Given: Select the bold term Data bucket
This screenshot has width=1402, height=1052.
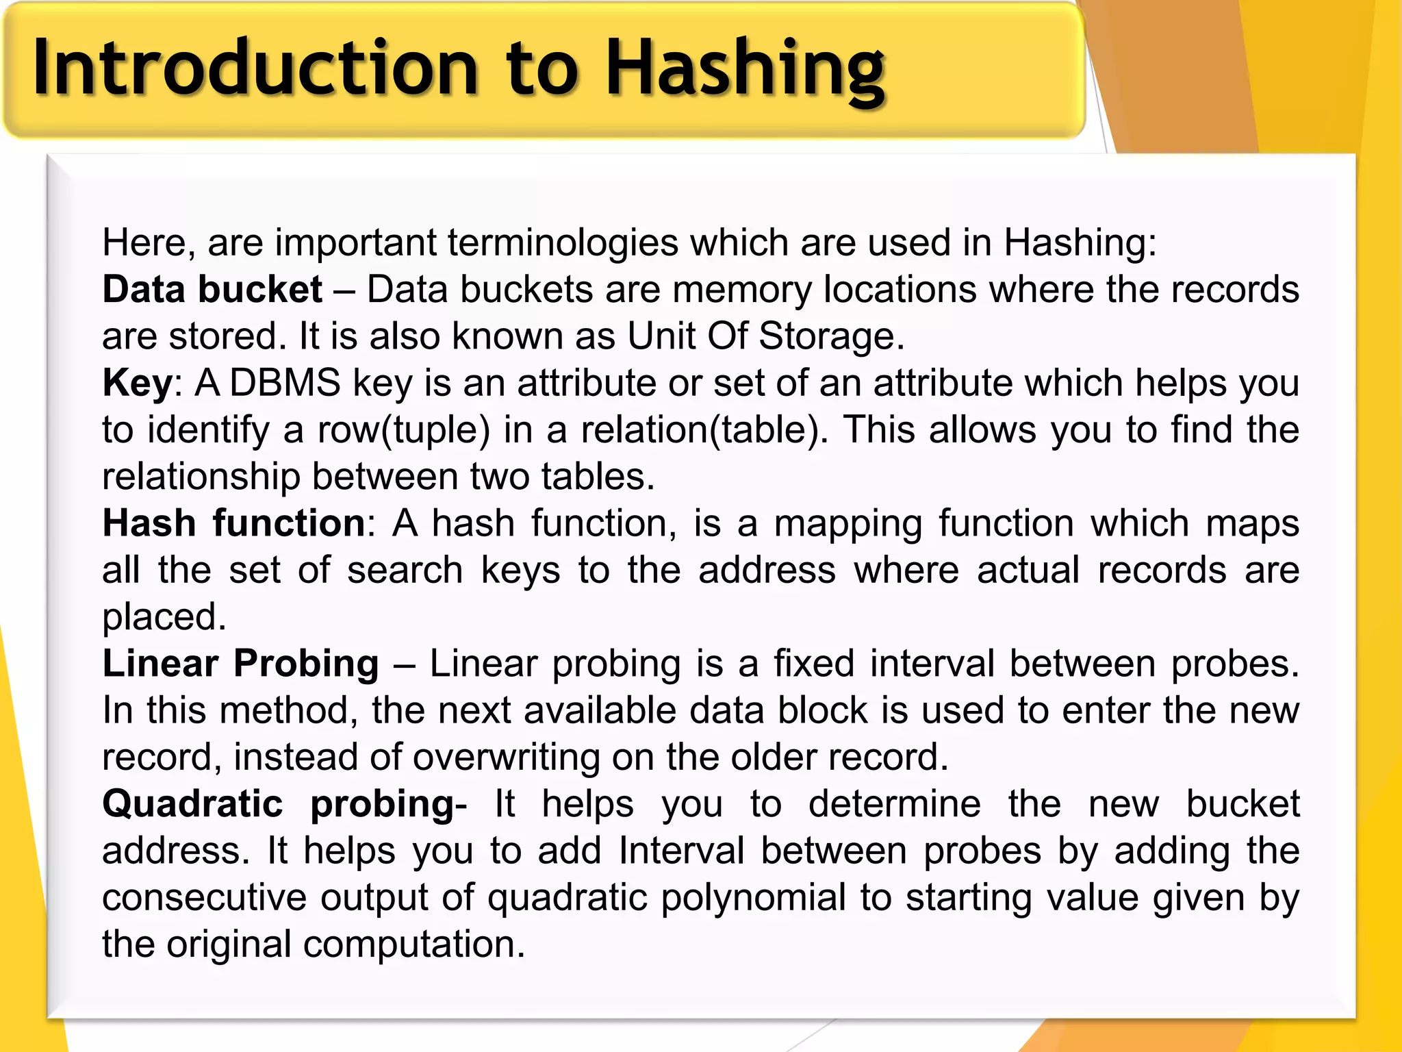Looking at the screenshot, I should (x=212, y=289).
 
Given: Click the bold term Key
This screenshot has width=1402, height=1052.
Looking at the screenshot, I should (x=138, y=384).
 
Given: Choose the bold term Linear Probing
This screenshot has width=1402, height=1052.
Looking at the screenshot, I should (x=240, y=664).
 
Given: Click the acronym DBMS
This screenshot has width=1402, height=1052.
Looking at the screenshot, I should (x=285, y=382).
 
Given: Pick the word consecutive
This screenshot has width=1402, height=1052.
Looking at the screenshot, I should (x=204, y=898).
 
